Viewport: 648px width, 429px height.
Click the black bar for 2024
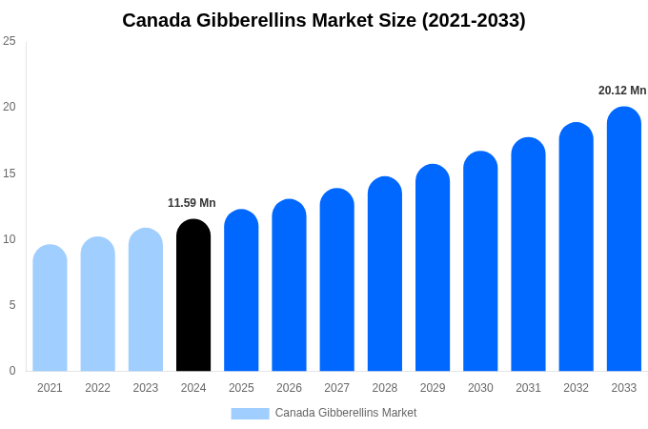(x=193, y=296)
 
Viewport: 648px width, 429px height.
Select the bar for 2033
(x=624, y=238)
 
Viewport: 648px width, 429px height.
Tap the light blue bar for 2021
(x=50, y=308)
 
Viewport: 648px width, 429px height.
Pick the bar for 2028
(x=385, y=274)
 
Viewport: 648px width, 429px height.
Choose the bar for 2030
(x=480, y=261)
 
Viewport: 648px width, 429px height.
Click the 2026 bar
(x=289, y=285)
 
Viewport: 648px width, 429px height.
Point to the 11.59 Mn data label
(x=192, y=203)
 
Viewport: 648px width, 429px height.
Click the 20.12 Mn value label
(x=622, y=91)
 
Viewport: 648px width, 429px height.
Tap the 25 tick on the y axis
(x=10, y=41)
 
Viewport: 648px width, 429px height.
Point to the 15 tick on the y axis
(x=10, y=174)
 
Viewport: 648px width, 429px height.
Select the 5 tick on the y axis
(x=12, y=305)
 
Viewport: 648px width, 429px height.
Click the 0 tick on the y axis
(x=12, y=371)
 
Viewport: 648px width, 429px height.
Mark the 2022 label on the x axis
(x=97, y=388)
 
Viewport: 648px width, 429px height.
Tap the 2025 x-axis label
(x=241, y=388)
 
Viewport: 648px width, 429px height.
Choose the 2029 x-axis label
(x=433, y=388)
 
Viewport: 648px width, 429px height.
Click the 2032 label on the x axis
(x=576, y=388)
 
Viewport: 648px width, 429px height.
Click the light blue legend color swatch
(x=250, y=413)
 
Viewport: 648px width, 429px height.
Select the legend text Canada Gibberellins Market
(x=346, y=413)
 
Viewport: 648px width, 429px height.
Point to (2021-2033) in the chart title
(x=474, y=20)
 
